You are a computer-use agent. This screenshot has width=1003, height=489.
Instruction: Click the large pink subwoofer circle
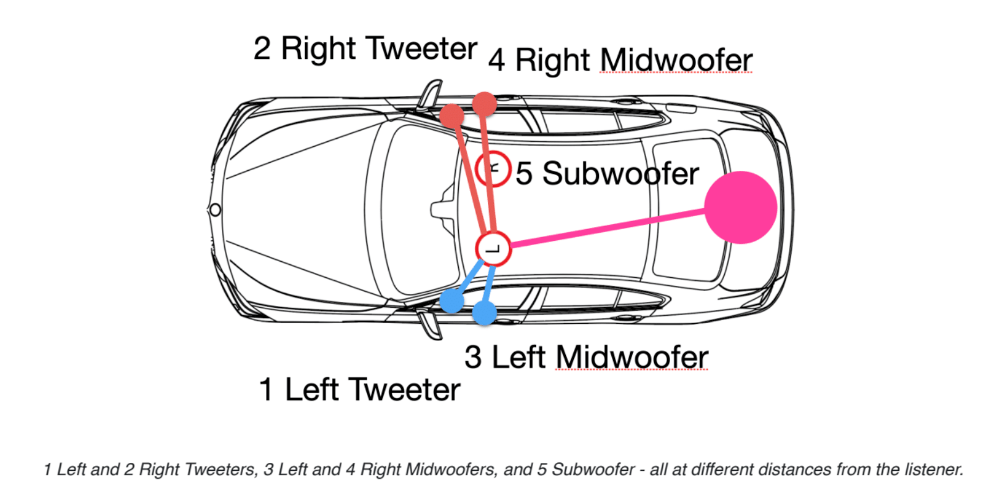click(x=741, y=207)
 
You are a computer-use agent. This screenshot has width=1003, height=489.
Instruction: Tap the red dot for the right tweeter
click(x=452, y=116)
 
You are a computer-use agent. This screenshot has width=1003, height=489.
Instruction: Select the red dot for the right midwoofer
click(x=484, y=104)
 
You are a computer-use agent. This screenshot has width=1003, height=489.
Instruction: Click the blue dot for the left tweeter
click(x=452, y=301)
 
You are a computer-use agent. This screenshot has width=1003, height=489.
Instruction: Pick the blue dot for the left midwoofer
click(x=484, y=313)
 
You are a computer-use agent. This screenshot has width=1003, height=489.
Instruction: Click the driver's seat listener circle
click(x=493, y=249)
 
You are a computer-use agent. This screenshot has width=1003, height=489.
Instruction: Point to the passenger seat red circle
click(x=493, y=168)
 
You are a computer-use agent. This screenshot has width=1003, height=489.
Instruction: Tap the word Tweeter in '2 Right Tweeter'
click(x=421, y=48)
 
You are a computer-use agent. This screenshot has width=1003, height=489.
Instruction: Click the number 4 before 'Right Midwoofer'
click(x=497, y=61)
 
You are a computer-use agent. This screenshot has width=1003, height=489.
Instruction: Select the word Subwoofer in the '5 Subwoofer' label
click(x=621, y=173)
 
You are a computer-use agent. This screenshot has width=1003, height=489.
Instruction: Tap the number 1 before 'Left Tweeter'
click(x=267, y=389)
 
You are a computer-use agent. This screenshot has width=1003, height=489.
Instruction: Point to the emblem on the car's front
click(x=215, y=210)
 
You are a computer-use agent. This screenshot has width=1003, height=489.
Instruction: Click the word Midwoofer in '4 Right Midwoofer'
click(x=676, y=61)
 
